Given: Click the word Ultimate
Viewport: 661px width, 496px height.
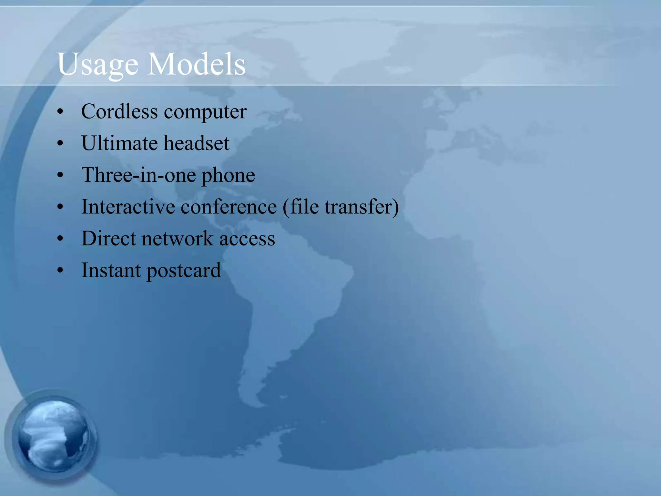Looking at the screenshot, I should pyautogui.click(x=119, y=143).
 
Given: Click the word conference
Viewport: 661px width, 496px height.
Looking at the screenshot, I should pyautogui.click(x=229, y=207).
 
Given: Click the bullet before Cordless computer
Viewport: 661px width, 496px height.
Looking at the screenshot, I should pyautogui.click(x=60, y=112).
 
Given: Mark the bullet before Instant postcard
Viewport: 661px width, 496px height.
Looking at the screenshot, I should pyautogui.click(x=60, y=271).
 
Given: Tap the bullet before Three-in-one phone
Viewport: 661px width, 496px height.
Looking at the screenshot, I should pyautogui.click(x=60, y=175).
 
